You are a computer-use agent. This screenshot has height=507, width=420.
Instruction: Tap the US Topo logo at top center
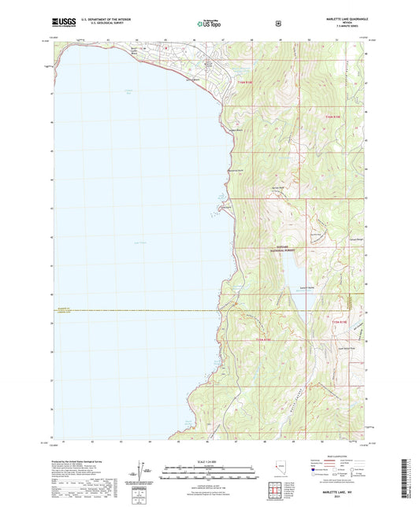pyautogui.click(x=210, y=24)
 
